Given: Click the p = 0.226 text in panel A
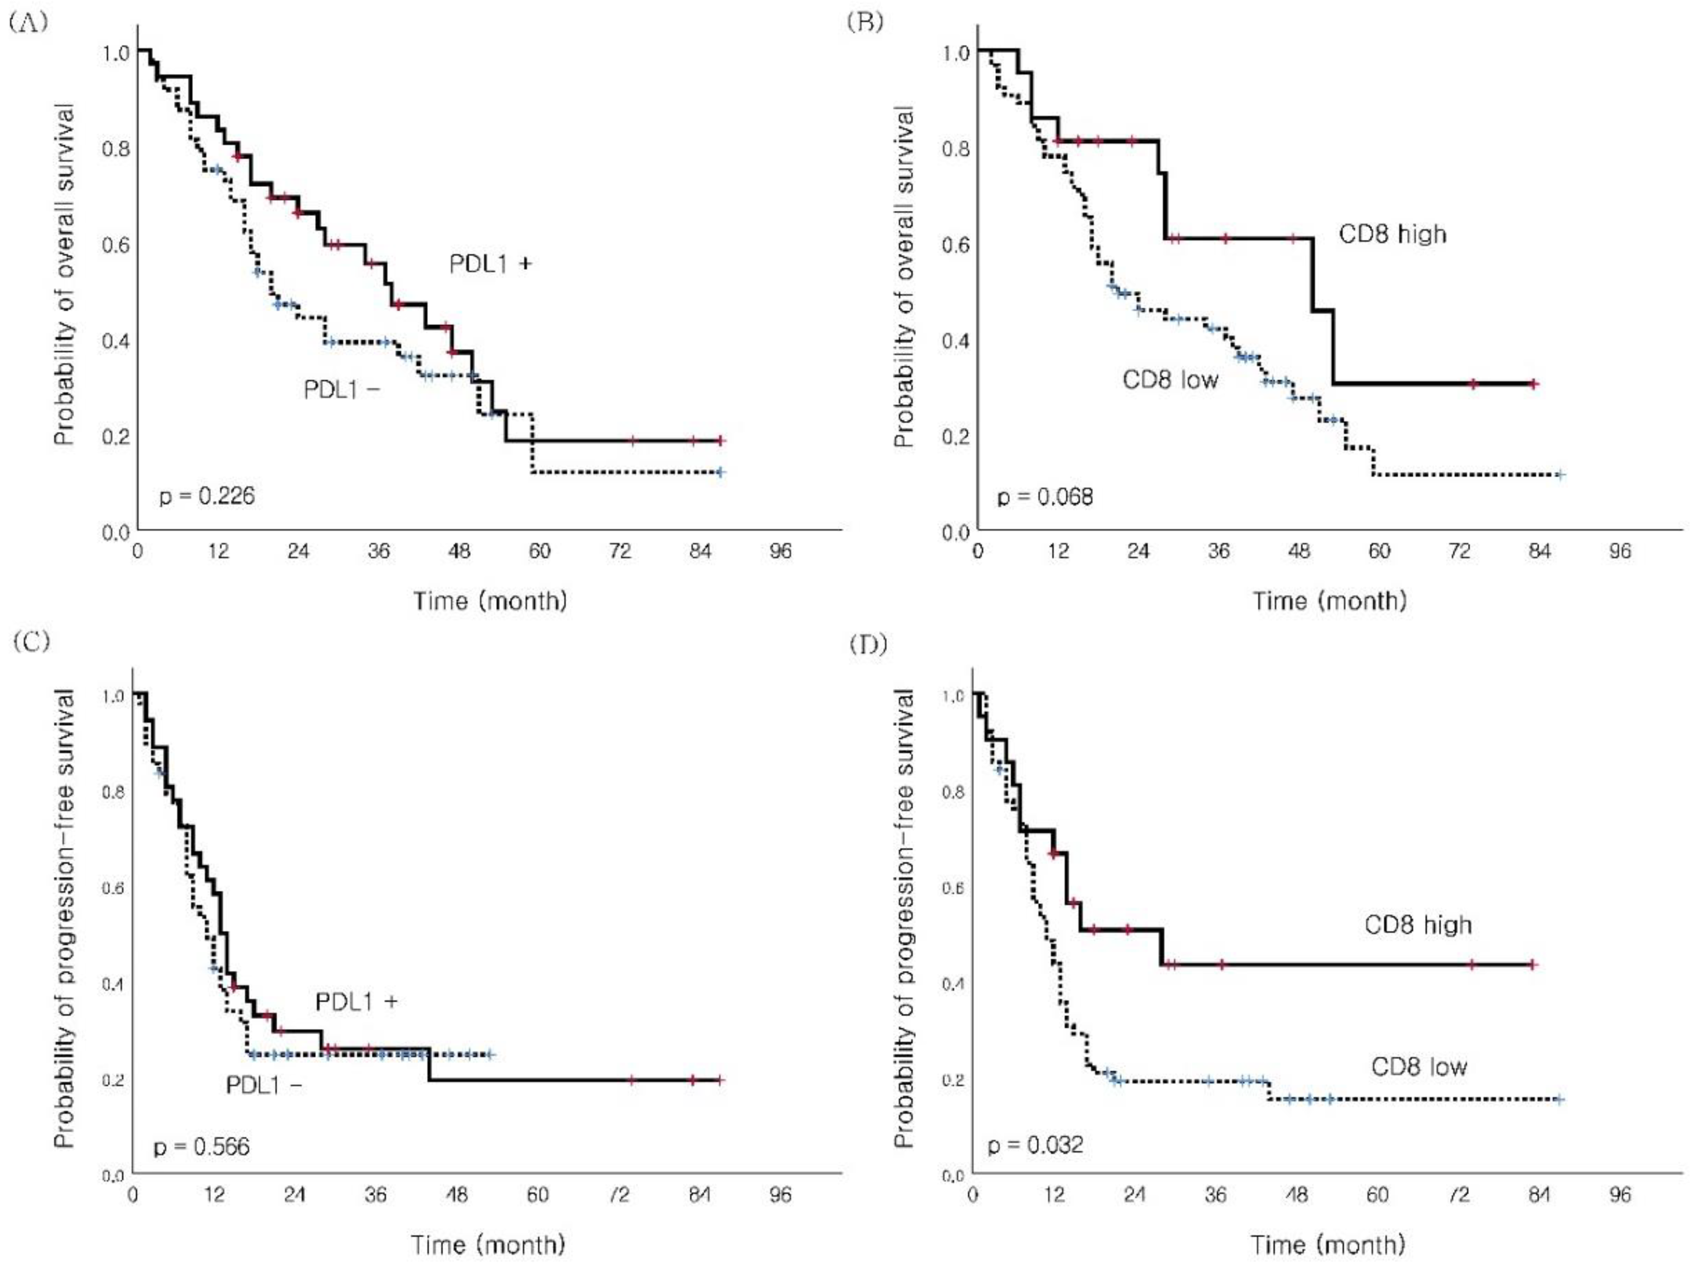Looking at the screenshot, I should (207, 497).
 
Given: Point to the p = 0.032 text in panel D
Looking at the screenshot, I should (1035, 1145).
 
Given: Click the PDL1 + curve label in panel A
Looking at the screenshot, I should (490, 264).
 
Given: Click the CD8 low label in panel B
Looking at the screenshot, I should (1170, 380).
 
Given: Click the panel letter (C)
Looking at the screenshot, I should (31, 641).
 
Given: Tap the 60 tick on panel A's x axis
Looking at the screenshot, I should (540, 551).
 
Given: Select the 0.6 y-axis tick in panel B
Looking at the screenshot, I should (955, 245).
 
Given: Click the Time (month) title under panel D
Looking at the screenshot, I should (1328, 1244).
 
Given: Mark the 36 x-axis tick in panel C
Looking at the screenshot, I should (375, 1194).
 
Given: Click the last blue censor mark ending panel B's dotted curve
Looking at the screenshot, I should (1560, 475).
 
